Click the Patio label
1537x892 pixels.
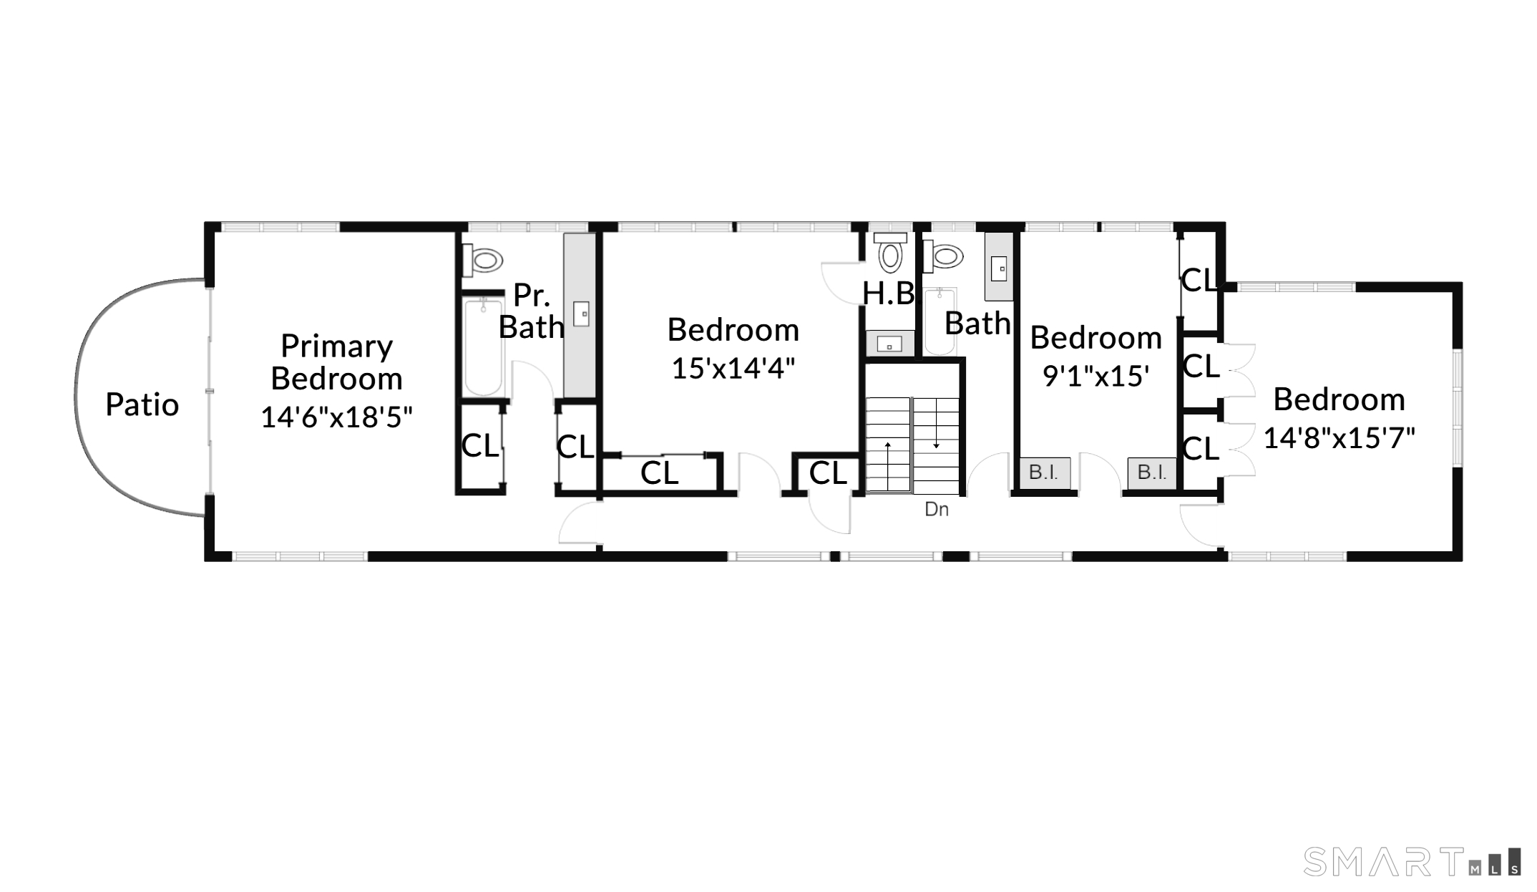(x=142, y=404)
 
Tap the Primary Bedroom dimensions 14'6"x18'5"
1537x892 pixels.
(x=336, y=417)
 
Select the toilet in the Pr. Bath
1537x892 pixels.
(x=482, y=260)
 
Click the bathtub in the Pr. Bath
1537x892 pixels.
(x=484, y=347)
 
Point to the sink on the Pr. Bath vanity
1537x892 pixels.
(x=581, y=314)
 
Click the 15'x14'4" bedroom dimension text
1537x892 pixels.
(x=733, y=368)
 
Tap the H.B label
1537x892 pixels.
(x=889, y=294)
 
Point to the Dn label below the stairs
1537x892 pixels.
(x=937, y=509)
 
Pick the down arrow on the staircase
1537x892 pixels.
(x=936, y=425)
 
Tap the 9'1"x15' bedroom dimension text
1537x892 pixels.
(x=1096, y=376)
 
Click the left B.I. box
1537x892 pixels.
(x=1044, y=473)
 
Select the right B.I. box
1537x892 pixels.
(x=1152, y=473)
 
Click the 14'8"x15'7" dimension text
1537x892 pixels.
(x=1339, y=437)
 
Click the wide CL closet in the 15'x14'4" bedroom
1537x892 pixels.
(x=660, y=472)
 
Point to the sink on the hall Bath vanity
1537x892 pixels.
(x=999, y=268)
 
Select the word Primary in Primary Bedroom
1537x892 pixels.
(x=336, y=346)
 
